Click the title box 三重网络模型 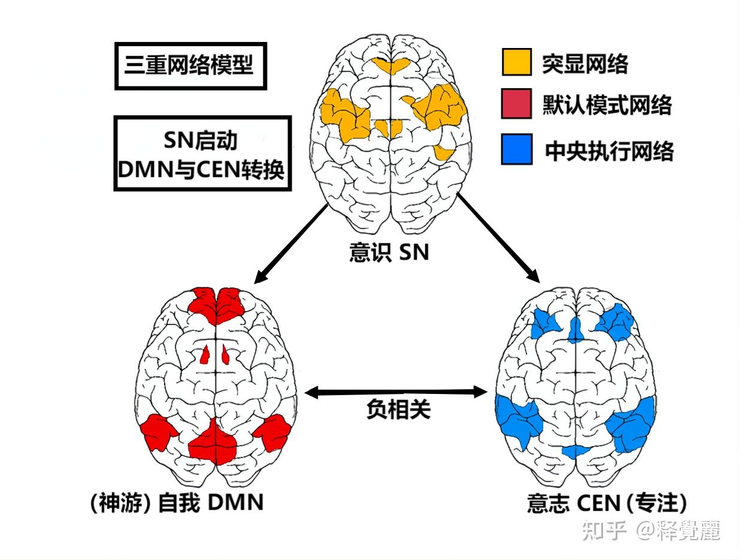189,65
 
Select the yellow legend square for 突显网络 516,62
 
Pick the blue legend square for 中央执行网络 516,149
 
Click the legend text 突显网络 584,63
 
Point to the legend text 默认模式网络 607,106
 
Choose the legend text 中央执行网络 608,150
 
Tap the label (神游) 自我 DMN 176,502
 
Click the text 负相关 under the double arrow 398,410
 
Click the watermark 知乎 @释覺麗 651,531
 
